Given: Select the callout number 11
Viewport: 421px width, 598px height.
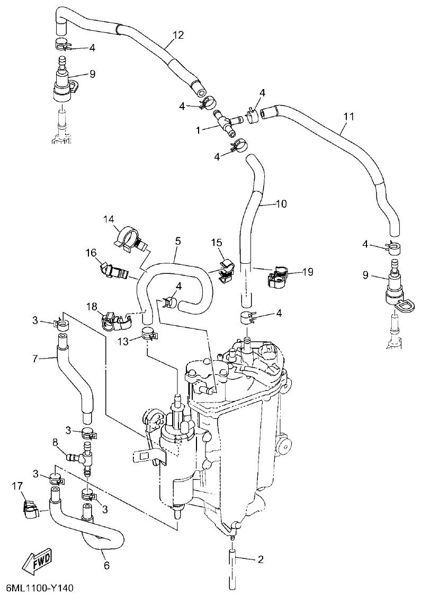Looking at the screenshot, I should pos(347,115).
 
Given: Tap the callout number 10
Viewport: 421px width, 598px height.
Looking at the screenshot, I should pos(281,203).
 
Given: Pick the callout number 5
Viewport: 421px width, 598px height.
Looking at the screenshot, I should pos(177,242).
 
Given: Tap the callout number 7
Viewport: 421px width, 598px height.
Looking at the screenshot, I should pos(35,359).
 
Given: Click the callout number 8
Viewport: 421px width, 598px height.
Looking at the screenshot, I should pos(55,441).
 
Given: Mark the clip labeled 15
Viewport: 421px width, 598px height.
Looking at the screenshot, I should pos(226,267).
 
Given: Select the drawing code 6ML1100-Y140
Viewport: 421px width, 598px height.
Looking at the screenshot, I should pos(40,588).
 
